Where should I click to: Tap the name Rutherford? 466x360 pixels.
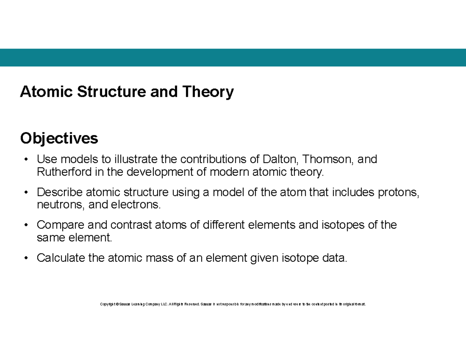64,172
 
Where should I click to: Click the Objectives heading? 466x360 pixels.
59,138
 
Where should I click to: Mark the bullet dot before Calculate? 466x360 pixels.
26,258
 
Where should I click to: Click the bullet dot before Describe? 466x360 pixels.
26,192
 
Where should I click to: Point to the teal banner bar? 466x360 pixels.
233,57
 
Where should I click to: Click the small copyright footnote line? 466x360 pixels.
233,304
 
